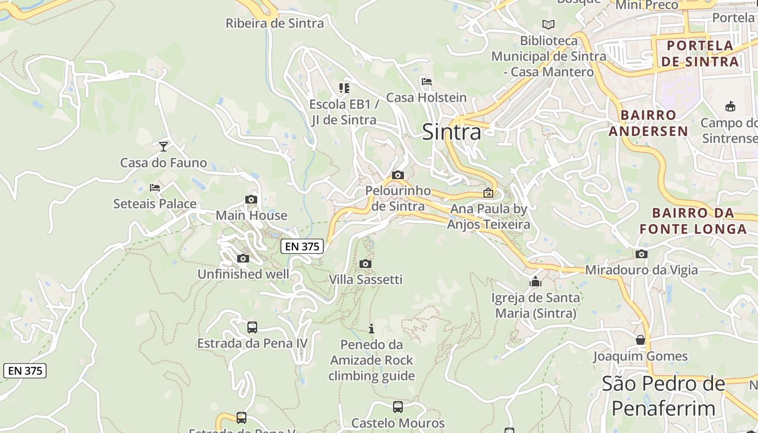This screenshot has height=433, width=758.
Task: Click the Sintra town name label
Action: [x=451, y=132]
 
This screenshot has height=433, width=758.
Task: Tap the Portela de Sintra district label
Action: [x=700, y=53]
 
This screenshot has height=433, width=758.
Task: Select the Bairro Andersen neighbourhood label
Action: [x=648, y=123]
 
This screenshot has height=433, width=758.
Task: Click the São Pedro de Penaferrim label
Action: [x=663, y=395]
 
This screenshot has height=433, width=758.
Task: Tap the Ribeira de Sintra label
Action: [x=275, y=23]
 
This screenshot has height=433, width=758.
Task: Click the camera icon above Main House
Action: [x=251, y=199]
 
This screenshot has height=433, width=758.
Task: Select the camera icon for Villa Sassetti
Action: [x=365, y=264]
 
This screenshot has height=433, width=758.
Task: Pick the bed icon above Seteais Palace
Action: [x=155, y=188]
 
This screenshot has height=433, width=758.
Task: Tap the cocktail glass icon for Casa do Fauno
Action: [x=163, y=146]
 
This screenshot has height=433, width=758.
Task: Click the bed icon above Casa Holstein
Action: [x=427, y=82]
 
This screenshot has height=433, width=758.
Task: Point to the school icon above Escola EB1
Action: [x=344, y=88]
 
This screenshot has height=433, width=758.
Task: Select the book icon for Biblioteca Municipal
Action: [x=548, y=24]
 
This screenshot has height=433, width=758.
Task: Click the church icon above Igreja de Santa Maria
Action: [x=535, y=281]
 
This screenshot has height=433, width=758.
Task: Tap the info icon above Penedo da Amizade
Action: [x=371, y=329]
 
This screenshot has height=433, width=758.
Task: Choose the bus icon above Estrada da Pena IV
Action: [x=252, y=327]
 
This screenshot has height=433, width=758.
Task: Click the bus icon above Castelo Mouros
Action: [x=398, y=406]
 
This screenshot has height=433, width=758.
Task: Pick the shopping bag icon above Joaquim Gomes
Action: [x=641, y=340]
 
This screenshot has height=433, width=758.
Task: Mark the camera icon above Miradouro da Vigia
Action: [x=642, y=254]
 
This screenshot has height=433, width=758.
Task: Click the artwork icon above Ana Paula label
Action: [x=488, y=192]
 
